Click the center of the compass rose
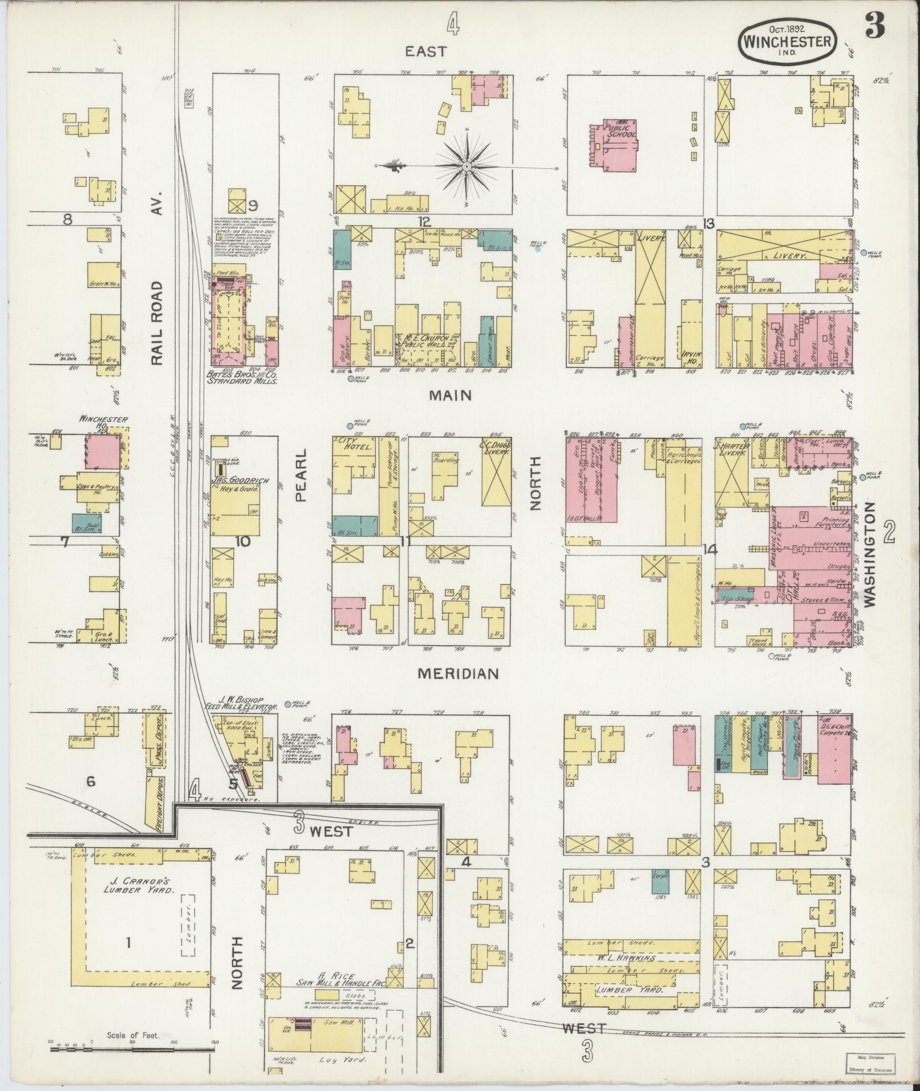(x=467, y=167)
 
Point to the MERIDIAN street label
(x=458, y=674)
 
